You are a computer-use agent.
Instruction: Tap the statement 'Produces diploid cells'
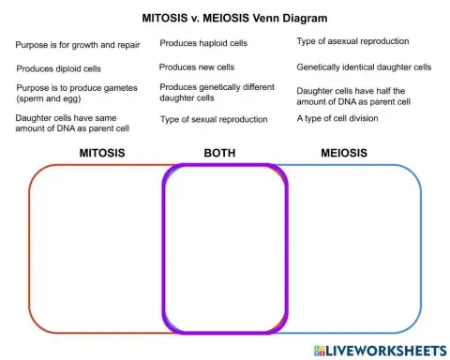(x=58, y=68)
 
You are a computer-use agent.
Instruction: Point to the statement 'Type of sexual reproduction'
(x=214, y=119)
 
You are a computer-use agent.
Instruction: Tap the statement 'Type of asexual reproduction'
(x=352, y=42)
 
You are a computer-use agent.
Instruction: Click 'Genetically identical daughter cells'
(x=364, y=67)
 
